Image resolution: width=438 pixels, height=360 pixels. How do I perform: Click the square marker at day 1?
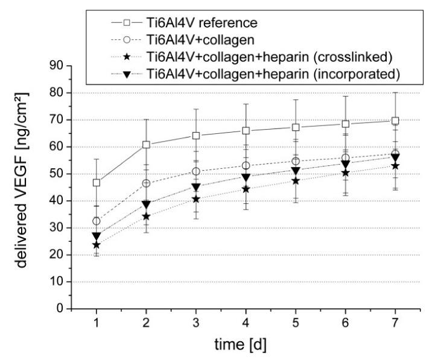coord(96,182)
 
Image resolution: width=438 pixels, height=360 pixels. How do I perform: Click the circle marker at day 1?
coord(96,221)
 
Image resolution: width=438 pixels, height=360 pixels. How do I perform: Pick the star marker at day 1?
coord(96,245)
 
